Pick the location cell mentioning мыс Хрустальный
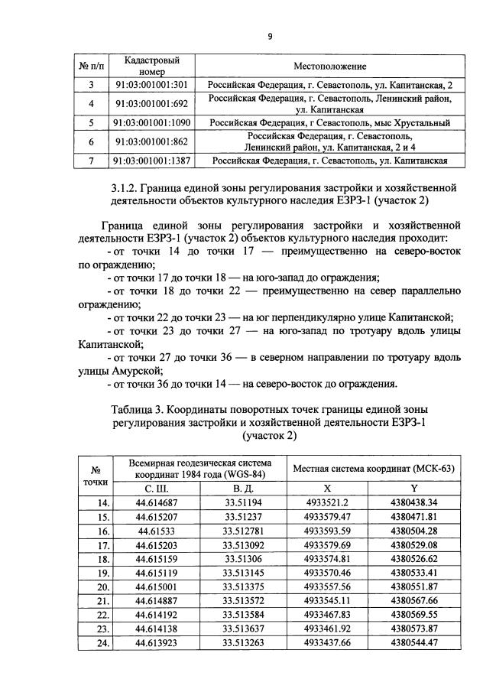pos(330,122)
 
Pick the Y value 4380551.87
pos(413,586)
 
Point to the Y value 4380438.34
pos(413,502)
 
